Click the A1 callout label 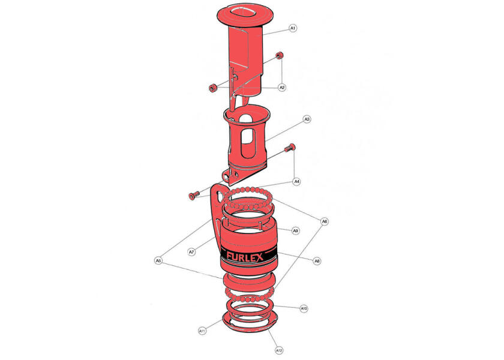pyautogui.click(x=293, y=28)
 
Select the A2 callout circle pyautogui.click(x=282, y=88)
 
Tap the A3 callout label pyautogui.click(x=307, y=119)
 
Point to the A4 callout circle pyautogui.click(x=297, y=182)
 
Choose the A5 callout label pyautogui.click(x=158, y=260)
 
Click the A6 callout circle pyautogui.click(x=325, y=221)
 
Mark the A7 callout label pyautogui.click(x=191, y=252)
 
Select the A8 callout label pyautogui.click(x=317, y=261)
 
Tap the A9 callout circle pyautogui.click(x=296, y=231)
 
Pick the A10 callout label pyautogui.click(x=304, y=308)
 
